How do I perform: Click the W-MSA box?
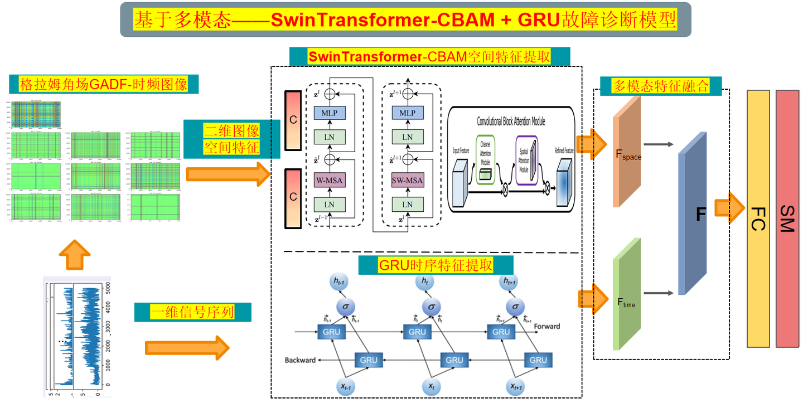pyautogui.click(x=330, y=180)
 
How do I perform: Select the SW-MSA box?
pyautogui.click(x=408, y=180)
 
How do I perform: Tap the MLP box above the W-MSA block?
pyautogui.click(x=330, y=113)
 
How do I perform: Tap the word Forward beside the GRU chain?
pyautogui.click(x=546, y=326)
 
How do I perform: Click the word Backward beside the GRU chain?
pyautogui.click(x=301, y=360)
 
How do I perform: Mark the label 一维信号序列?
pyautogui.click(x=192, y=312)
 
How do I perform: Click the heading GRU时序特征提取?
pyautogui.click(x=428, y=265)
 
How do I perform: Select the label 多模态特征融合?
pyautogui.click(x=661, y=86)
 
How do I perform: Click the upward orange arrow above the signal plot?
pyautogui.click(x=74, y=255)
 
